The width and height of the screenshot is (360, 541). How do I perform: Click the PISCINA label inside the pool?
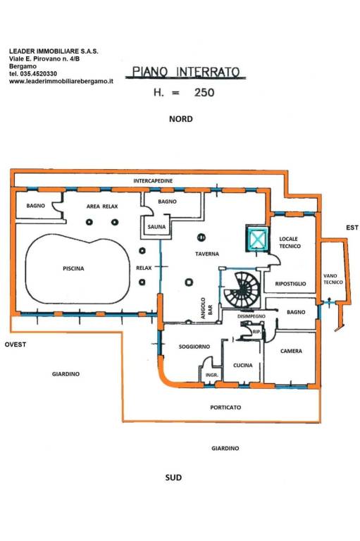(x=73, y=268)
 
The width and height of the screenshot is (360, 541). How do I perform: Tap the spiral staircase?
(x=242, y=289)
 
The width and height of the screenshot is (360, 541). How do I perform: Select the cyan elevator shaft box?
(x=256, y=238)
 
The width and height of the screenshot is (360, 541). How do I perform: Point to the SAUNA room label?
(x=156, y=227)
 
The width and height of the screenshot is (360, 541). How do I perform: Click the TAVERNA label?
(x=207, y=254)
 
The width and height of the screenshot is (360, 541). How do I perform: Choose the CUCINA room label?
(x=242, y=366)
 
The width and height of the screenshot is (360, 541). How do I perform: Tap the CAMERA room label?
(x=291, y=352)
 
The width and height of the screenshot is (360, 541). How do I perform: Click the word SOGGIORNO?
(x=194, y=347)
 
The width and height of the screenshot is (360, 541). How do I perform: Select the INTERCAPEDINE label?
(x=153, y=181)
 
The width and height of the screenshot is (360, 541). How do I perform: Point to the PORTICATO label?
(x=225, y=407)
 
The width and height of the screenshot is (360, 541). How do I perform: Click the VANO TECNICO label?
(x=333, y=279)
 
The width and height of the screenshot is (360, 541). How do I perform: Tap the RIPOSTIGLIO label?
(x=290, y=284)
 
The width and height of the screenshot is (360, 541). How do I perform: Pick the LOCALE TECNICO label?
(x=290, y=242)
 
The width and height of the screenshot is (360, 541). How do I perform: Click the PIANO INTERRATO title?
(x=186, y=72)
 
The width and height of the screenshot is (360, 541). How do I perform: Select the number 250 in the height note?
(x=204, y=92)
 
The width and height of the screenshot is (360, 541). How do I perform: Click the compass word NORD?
(x=181, y=119)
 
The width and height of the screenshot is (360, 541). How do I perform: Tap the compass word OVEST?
(x=15, y=344)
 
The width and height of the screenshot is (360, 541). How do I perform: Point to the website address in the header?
(x=61, y=82)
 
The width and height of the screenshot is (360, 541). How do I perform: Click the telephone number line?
(x=33, y=74)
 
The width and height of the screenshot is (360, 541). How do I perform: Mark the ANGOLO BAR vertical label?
(x=206, y=308)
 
